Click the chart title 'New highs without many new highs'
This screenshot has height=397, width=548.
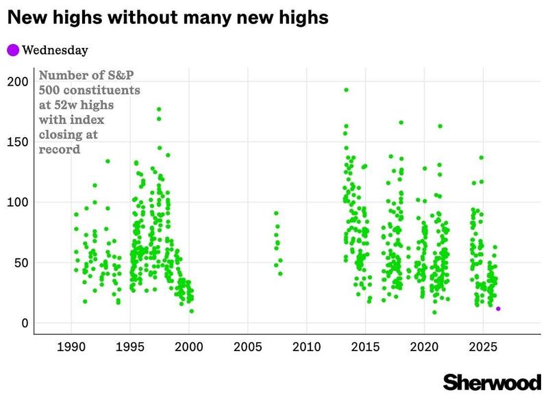pyautogui.click(x=169, y=18)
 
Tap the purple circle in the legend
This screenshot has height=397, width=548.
pyautogui.click(x=13, y=49)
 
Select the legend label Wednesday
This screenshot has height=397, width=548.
pyautogui.click(x=55, y=49)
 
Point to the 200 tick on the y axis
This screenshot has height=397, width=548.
pyautogui.click(x=18, y=81)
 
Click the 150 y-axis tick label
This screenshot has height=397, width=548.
pyautogui.click(x=18, y=142)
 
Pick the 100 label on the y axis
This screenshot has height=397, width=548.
pyautogui.click(x=18, y=202)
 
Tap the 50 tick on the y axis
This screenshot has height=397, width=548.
pyautogui.click(x=21, y=263)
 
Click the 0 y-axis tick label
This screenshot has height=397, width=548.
pyautogui.click(x=24, y=323)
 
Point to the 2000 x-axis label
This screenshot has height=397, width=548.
pyautogui.click(x=189, y=348)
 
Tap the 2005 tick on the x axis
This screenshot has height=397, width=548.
pyautogui.click(x=248, y=348)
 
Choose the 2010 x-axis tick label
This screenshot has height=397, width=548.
pyautogui.click(x=307, y=348)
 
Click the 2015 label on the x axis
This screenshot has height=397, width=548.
pyautogui.click(x=366, y=348)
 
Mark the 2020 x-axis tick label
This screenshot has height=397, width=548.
pyautogui.click(x=425, y=348)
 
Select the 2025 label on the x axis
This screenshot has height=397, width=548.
pyautogui.click(x=484, y=348)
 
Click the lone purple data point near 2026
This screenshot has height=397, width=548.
pyautogui.click(x=498, y=309)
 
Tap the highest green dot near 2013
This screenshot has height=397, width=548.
pyautogui.click(x=346, y=90)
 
